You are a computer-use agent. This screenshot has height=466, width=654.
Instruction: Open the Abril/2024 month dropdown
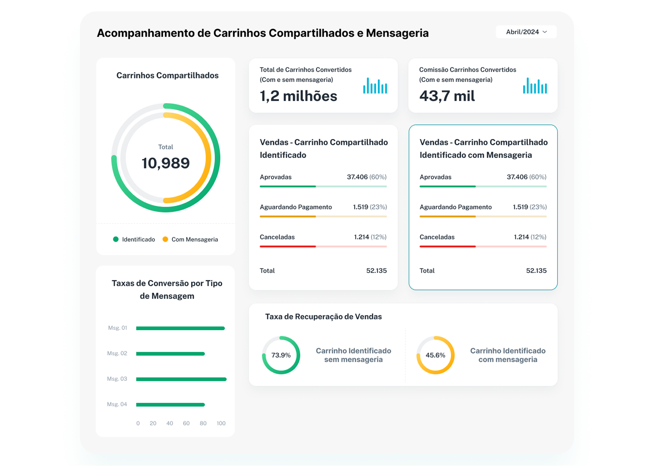click(x=526, y=32)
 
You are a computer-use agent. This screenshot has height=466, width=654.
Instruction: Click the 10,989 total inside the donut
click(x=166, y=163)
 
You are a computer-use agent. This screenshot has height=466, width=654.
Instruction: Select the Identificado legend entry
click(x=134, y=239)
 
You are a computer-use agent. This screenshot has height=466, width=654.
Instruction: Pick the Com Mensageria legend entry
click(x=190, y=239)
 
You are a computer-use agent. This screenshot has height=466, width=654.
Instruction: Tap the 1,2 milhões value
click(x=298, y=96)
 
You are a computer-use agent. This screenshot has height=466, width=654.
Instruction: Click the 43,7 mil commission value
click(x=447, y=96)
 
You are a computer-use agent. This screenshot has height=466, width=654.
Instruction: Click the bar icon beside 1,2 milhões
click(x=375, y=86)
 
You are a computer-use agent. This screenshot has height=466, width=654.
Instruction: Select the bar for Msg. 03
click(x=181, y=379)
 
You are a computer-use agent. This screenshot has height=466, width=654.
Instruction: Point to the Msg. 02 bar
click(x=170, y=354)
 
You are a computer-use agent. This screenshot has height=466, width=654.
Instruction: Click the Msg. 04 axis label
click(x=117, y=404)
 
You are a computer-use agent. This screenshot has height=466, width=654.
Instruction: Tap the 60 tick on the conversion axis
click(x=186, y=423)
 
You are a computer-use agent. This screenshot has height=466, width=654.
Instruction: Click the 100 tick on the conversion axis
click(x=221, y=423)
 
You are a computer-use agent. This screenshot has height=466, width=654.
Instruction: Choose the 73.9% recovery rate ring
click(x=281, y=355)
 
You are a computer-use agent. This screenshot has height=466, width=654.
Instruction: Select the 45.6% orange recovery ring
click(x=435, y=355)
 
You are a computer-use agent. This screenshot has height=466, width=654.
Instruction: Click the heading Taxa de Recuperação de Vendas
click(x=323, y=317)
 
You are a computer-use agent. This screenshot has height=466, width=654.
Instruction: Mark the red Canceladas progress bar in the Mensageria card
click(x=448, y=246)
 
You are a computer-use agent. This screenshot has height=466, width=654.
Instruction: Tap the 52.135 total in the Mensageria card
click(x=536, y=271)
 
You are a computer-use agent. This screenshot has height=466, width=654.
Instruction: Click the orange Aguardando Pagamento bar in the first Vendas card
click(x=288, y=216)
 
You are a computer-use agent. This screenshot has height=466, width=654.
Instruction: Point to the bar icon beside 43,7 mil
click(x=535, y=86)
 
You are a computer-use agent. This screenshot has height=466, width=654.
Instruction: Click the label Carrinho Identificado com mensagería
click(x=507, y=355)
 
